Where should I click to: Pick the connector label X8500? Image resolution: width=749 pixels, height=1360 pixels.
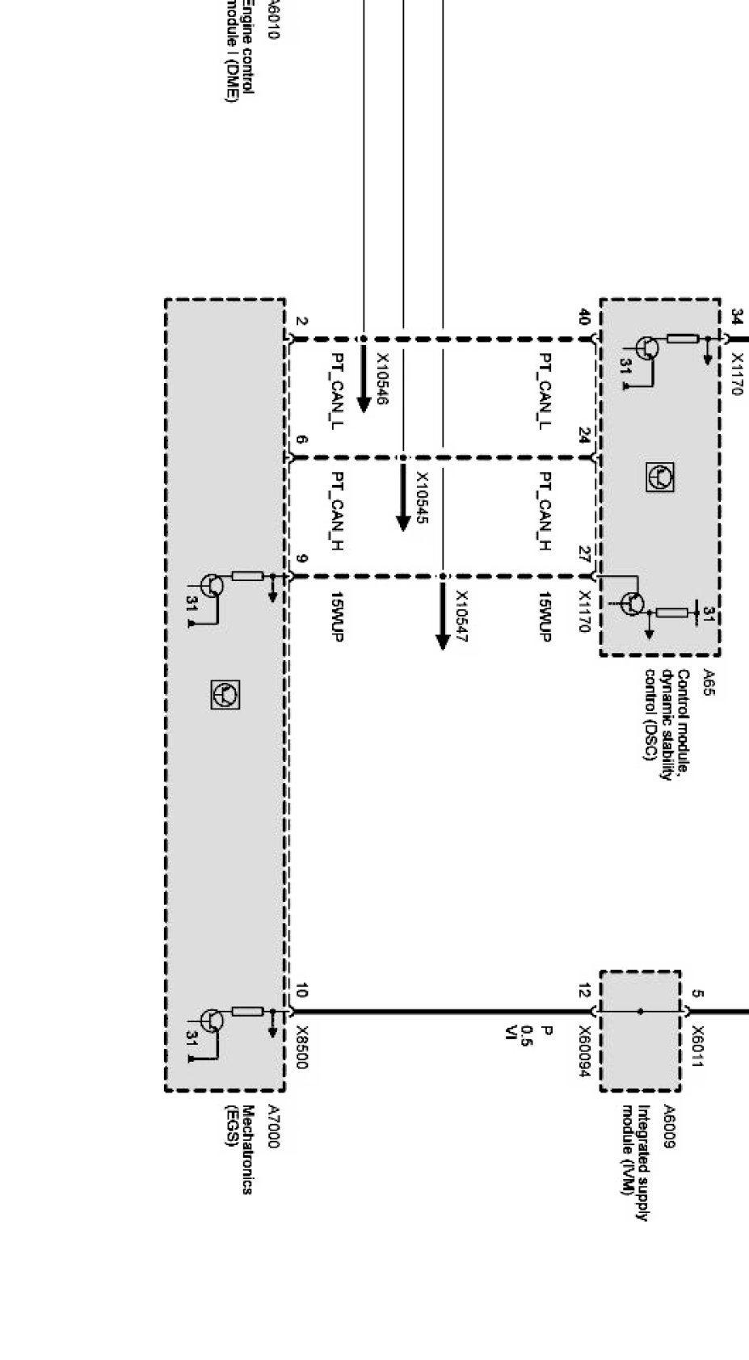click(301, 1047)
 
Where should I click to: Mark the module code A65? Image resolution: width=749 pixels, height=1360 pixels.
click(709, 682)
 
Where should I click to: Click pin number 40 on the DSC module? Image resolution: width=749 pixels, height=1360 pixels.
click(584, 317)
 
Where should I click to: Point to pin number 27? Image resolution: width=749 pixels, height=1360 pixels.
click(584, 554)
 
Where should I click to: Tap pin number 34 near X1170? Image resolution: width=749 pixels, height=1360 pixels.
click(736, 315)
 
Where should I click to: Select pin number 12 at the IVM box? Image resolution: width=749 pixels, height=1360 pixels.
click(584, 992)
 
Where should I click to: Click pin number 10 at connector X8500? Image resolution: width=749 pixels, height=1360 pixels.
click(301, 992)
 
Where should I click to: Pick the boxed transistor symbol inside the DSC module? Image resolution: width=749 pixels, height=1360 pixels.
click(660, 478)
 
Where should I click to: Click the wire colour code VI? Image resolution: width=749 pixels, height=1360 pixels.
click(510, 1032)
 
